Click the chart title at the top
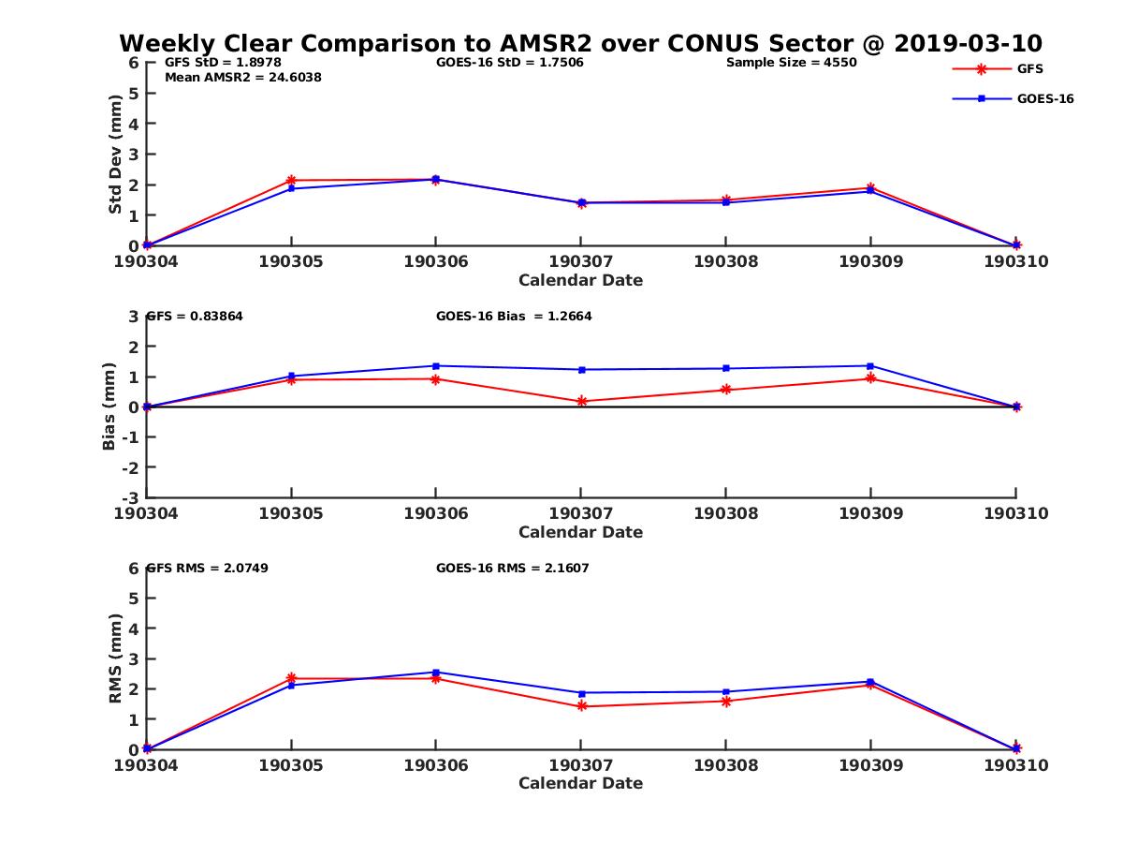pos(580,43)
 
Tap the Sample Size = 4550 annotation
pos(791,63)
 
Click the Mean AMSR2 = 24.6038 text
pos(242,78)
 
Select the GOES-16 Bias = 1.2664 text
pos(514,317)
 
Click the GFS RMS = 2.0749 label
pos(208,568)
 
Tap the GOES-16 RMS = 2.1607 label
pos(512,568)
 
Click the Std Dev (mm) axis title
pos(115,154)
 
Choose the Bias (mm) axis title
pos(109,407)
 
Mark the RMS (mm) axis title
pos(115,658)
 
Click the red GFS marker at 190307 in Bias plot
pos(581,401)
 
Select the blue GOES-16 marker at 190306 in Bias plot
pos(436,365)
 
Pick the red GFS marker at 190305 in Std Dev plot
pos(291,180)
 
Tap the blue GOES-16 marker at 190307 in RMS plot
pos(581,692)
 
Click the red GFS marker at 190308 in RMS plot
pos(726,701)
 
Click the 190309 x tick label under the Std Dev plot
pos(870,261)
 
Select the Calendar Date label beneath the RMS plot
pos(580,784)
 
